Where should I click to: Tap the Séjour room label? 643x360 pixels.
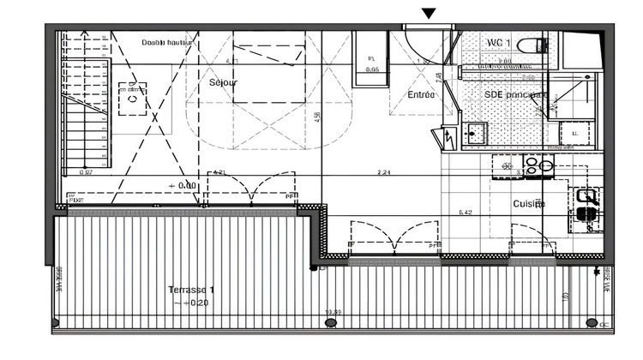223,83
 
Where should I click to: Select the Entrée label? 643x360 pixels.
420,94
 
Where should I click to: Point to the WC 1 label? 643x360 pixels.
500,42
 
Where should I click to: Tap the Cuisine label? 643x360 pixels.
529,203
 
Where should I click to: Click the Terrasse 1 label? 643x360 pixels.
191,290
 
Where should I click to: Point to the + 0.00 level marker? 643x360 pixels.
183,185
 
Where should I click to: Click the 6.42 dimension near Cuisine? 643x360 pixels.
466,213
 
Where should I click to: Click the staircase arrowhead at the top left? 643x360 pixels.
84,34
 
